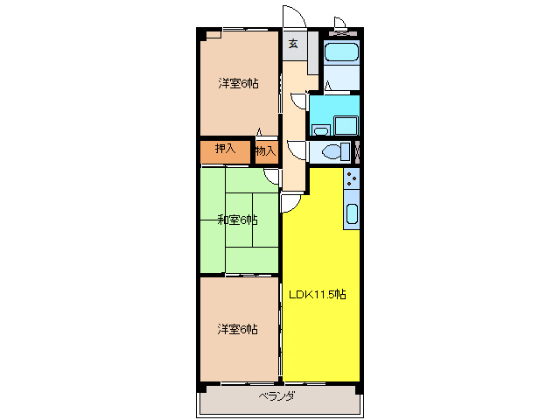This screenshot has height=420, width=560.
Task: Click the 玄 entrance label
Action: (293, 44)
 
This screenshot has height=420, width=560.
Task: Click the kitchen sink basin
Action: (351, 214)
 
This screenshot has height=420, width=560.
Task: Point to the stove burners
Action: (351, 181)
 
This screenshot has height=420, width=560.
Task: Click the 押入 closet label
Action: (226, 150)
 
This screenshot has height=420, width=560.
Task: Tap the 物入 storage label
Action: (265, 151)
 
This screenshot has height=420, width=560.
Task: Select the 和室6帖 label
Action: (237, 220)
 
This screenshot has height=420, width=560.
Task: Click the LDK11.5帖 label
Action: (318, 295)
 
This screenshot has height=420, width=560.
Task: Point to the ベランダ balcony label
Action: (276, 396)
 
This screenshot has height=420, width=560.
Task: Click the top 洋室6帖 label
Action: (238, 84)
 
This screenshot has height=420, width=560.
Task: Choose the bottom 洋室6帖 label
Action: (238, 329)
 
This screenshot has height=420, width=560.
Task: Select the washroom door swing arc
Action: (298, 100)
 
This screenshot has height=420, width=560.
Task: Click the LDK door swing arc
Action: (290, 203)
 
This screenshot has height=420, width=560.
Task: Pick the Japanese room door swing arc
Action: (272, 177)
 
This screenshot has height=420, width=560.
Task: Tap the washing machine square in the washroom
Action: (346, 124)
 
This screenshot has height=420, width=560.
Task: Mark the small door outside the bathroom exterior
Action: (340, 23)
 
